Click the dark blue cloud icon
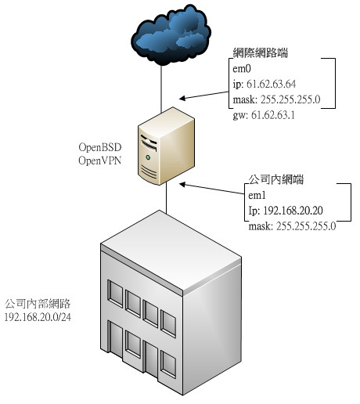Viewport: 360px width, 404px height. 171,35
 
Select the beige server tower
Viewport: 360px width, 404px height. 166,146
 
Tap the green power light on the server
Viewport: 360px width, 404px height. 148,157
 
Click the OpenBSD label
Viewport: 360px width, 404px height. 100,147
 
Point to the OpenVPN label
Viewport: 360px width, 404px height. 100,161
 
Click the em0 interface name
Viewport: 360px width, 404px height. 242,69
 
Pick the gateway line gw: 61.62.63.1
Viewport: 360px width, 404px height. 264,115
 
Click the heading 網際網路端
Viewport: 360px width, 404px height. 261,52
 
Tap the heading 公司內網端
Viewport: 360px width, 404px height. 275,179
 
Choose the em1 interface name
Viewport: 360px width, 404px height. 257,195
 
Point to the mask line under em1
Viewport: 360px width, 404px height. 292,226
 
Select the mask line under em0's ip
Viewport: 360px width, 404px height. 276,99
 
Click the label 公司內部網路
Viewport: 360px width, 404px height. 38,304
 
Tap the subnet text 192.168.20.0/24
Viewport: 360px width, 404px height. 38,317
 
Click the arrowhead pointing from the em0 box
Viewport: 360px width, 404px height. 182,98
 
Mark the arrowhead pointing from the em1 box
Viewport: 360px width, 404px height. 182,185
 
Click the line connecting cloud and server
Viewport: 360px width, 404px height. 161,88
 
